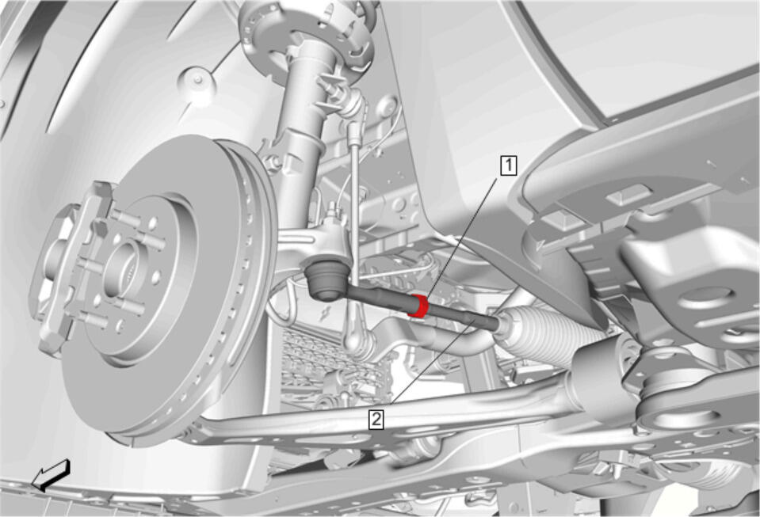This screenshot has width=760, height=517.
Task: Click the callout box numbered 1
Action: point(509,165)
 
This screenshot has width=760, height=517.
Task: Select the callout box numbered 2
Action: point(376,419)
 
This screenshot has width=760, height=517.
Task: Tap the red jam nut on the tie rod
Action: point(418,306)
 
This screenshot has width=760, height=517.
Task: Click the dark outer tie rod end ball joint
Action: point(324,279)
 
